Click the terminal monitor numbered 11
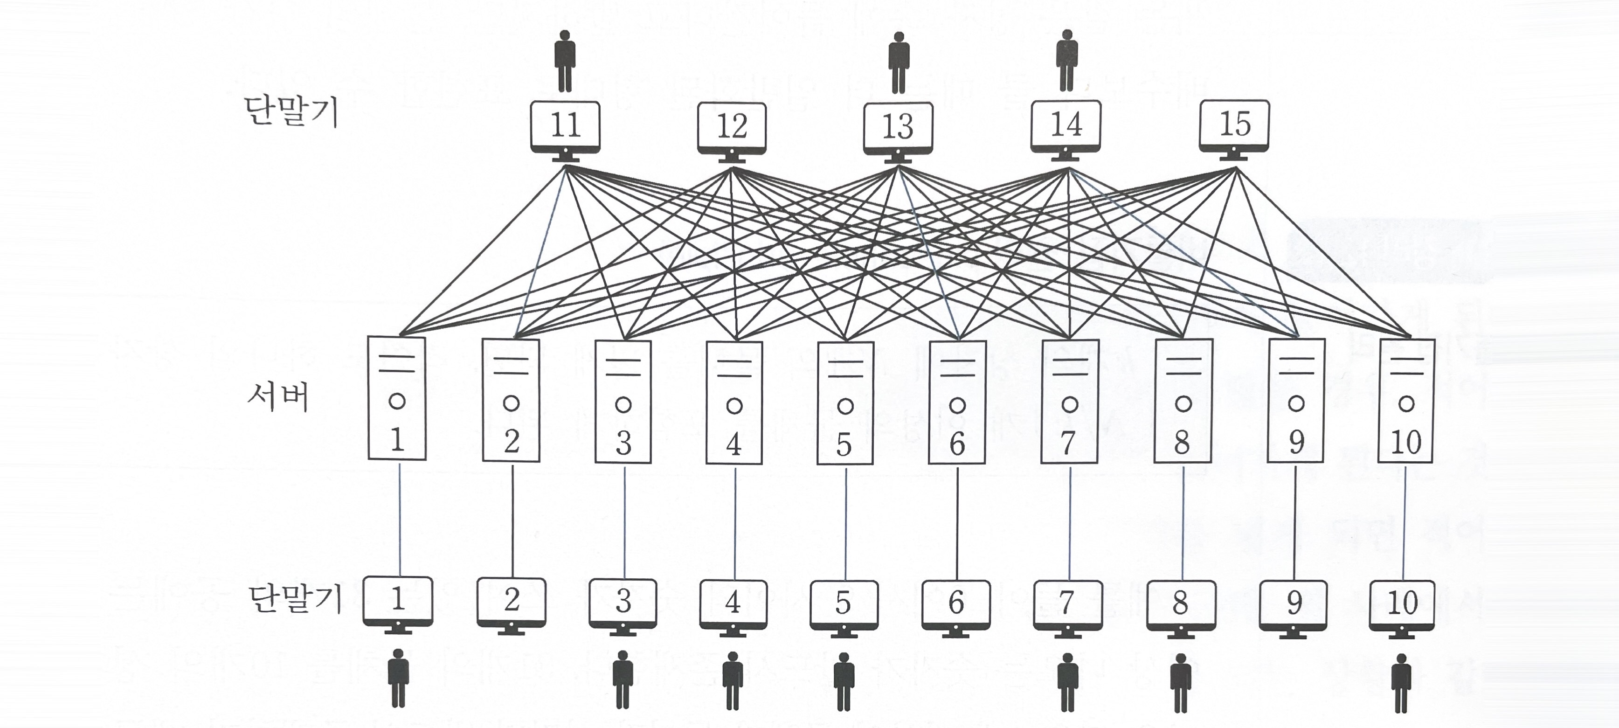[565, 129]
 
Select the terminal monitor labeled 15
[1234, 128]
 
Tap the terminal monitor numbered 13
[898, 130]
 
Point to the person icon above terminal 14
[1066, 60]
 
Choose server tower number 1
[396, 399]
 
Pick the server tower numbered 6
[956, 402]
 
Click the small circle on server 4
[734, 406]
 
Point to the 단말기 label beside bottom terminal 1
[295, 599]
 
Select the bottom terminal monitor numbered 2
[511, 603]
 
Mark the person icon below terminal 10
[1401, 683]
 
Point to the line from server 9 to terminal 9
[1295, 522]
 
